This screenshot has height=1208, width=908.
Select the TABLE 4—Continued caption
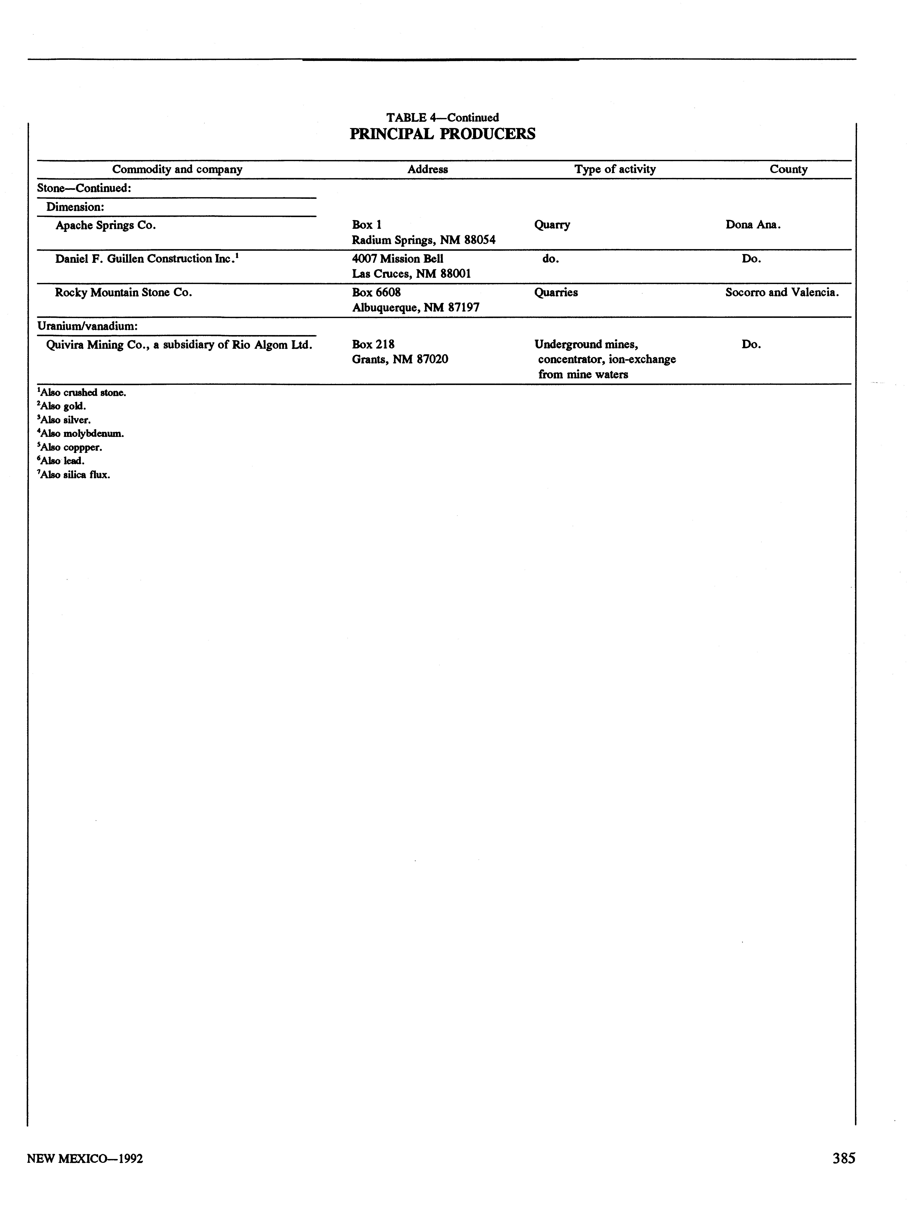pos(442,117)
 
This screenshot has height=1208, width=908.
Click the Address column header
pos(428,169)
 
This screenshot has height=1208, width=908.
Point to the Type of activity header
pos(615,169)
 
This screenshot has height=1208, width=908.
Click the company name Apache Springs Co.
pos(105,225)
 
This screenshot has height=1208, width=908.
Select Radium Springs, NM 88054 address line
pos(424,240)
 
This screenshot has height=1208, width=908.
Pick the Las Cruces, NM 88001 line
pos(411,274)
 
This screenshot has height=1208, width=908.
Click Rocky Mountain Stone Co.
pos(123,293)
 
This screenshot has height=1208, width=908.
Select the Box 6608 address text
pos(376,293)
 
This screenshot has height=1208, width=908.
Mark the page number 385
pos(844,1158)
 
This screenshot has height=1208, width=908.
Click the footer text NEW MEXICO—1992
pos(85,1158)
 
